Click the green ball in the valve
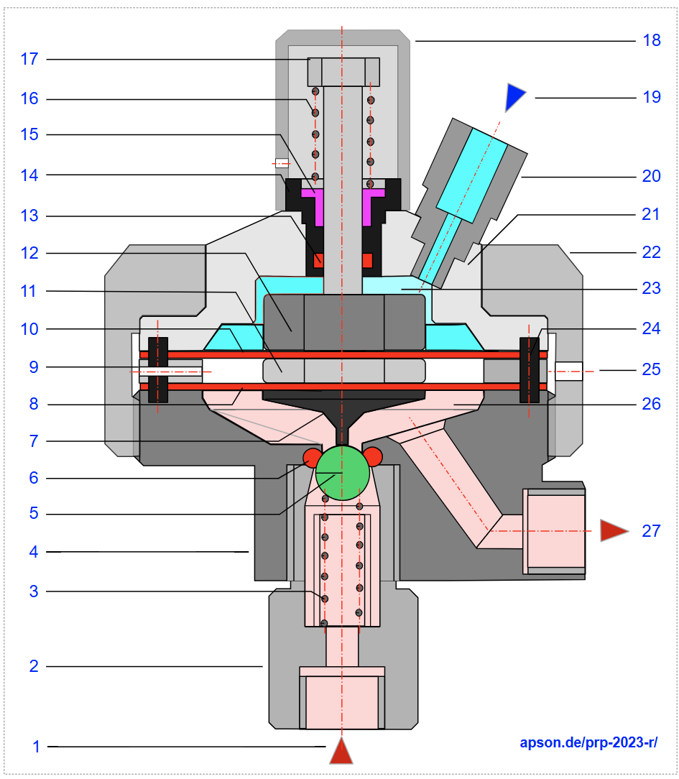[x=343, y=472]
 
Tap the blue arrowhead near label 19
[x=514, y=96]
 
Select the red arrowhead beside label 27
[x=613, y=530]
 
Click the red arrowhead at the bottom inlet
[x=341, y=752]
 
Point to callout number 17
[x=29, y=58]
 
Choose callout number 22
[x=652, y=252]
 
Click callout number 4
[x=34, y=552]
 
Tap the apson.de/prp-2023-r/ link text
[x=588, y=743]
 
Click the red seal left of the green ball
[x=312, y=456]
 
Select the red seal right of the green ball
[x=374, y=456]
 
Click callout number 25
[x=652, y=369]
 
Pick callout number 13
[x=29, y=216]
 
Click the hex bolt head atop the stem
[x=343, y=72]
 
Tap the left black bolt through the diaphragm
[x=158, y=369]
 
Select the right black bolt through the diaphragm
[x=529, y=369]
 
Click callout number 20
[x=652, y=176]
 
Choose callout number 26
[x=652, y=405]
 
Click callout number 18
[x=652, y=40]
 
